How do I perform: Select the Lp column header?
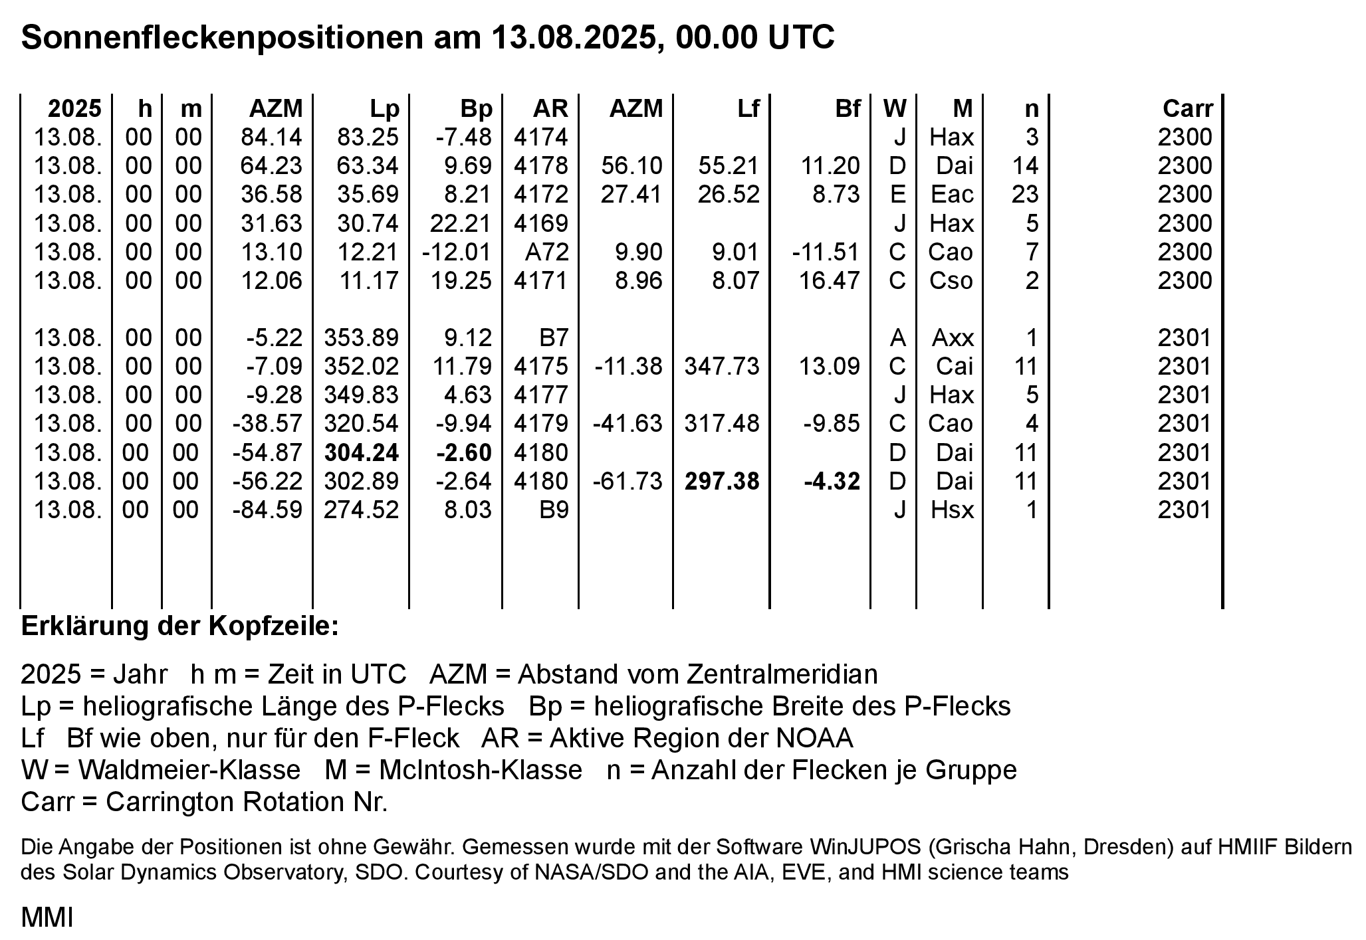384,108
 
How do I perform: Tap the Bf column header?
847,108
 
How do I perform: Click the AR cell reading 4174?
541,137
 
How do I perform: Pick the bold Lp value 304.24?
362,452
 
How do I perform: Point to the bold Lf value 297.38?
722,481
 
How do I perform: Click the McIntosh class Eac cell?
951,195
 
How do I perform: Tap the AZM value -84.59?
267,510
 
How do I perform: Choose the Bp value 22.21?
461,223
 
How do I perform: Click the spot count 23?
1024,195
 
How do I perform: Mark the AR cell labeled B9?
554,510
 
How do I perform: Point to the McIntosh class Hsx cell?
951,510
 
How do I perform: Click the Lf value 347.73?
722,366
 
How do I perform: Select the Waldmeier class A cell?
897,338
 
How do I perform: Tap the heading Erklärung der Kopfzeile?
180,626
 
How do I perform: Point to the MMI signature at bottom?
47,917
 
